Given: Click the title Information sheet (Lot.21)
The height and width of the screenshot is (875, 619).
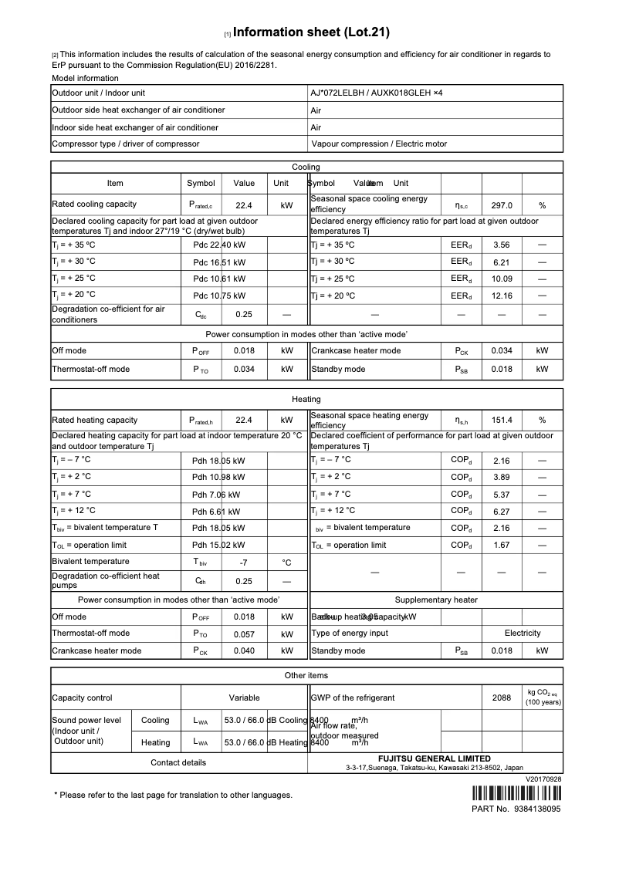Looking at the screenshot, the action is click(x=311, y=32).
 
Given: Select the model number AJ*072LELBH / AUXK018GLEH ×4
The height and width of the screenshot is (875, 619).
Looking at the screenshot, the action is click(x=377, y=93).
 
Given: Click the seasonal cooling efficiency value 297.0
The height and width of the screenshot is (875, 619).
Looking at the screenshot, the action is click(x=502, y=206).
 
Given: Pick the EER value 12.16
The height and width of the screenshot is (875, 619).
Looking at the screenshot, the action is click(x=502, y=296).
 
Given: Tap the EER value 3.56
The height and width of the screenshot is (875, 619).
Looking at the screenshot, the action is click(x=502, y=245).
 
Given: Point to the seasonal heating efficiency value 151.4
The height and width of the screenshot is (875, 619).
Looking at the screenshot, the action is click(x=502, y=421).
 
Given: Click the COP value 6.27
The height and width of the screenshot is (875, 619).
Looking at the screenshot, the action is click(x=502, y=512).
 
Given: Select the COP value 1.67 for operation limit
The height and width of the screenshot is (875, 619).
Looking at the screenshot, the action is click(x=502, y=546).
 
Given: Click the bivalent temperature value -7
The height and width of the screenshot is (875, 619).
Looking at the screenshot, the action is click(x=243, y=562).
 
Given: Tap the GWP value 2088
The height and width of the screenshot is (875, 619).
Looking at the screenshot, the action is click(x=502, y=698).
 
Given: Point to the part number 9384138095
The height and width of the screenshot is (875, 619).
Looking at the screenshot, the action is click(x=536, y=809).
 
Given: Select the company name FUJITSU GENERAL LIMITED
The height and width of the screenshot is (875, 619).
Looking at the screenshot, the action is click(x=434, y=758).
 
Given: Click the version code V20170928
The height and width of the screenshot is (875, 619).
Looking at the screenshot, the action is click(x=543, y=779).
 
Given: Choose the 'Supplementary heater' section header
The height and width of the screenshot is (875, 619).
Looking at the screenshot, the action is click(x=436, y=600).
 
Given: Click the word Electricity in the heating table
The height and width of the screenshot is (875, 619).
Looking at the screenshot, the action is click(x=523, y=633).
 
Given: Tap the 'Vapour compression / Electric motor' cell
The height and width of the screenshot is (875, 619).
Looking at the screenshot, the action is click(x=379, y=144).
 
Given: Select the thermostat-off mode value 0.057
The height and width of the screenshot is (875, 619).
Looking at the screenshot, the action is click(x=244, y=634).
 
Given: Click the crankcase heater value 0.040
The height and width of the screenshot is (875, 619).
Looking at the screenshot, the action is click(x=244, y=651).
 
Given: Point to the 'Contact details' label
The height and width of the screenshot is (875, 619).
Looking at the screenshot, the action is click(x=178, y=763).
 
